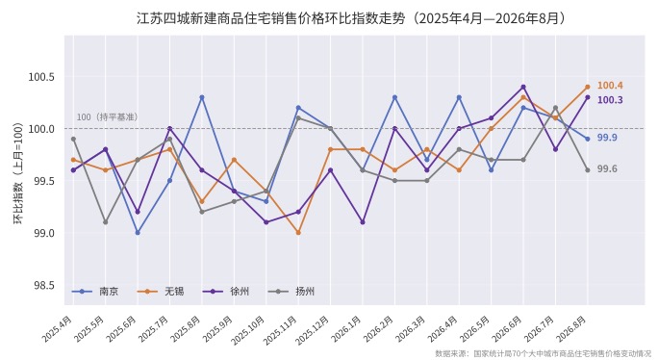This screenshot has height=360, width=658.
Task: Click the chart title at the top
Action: pyautogui.click(x=351, y=18)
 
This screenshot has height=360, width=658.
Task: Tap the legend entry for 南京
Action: pyautogui.click(x=95, y=291)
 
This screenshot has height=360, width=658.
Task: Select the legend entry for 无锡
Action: pyautogui.click(x=161, y=291)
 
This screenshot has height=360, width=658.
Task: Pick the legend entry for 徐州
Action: pyautogui.click(x=226, y=291)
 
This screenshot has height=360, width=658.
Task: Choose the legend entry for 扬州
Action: pyautogui.click(x=291, y=291)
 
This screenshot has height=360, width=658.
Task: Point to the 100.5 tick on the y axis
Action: pyautogui.click(x=41, y=77)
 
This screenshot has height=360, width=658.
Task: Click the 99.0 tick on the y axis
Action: pyautogui.click(x=44, y=233)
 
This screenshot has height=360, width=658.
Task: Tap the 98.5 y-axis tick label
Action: pyautogui.click(x=44, y=285)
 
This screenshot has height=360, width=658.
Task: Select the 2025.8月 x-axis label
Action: pyautogui.click(x=187, y=329)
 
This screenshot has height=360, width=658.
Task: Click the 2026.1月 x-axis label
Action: pyautogui.click(x=346, y=329)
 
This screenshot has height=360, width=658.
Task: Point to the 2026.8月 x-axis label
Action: pyautogui.click(x=571, y=329)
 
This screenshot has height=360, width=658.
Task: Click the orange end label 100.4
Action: pyautogui.click(x=610, y=86)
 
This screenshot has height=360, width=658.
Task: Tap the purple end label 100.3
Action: pyautogui.click(x=610, y=100)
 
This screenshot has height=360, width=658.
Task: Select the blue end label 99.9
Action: pyautogui.click(x=607, y=138)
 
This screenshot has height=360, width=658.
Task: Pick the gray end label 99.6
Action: pyautogui.click(x=607, y=168)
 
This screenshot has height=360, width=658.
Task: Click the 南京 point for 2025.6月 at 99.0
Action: pyautogui.click(x=138, y=233)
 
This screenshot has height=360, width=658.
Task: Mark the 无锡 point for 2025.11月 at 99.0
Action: pyautogui.click(x=298, y=233)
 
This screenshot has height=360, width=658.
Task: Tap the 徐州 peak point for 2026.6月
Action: pyautogui.click(x=523, y=87)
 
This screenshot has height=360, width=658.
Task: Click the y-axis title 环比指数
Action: pyautogui.click(x=18, y=173)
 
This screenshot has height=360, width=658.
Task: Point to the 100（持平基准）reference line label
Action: pyautogui.click(x=107, y=117)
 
